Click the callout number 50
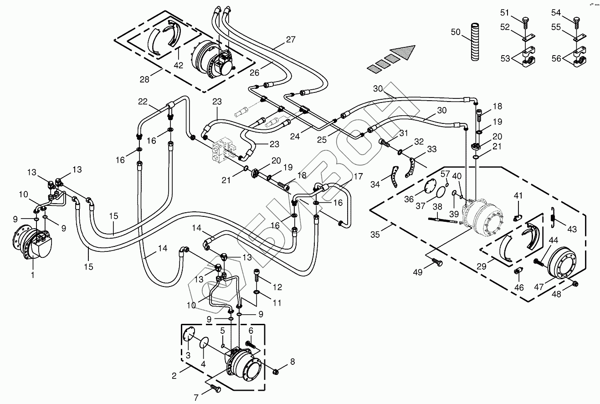pos(456,32)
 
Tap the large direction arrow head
pos(405,51)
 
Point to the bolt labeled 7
pos(215,389)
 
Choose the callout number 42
pos(178,65)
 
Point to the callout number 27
pos(290,40)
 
